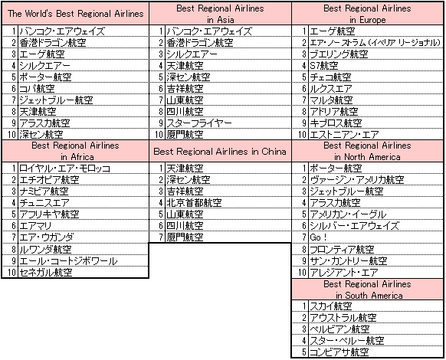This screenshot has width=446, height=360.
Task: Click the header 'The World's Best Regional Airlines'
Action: pyautogui.click(x=75, y=14)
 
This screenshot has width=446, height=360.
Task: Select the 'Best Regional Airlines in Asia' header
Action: pyautogui.click(x=220, y=14)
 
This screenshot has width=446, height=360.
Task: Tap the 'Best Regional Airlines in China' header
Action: pyautogui.click(x=220, y=152)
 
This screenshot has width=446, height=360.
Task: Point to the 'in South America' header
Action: pyautogui.click(x=369, y=296)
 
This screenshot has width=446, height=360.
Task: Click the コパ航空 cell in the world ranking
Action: pyautogui.click(x=37, y=89)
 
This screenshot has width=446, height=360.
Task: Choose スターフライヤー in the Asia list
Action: pyautogui.click(x=199, y=123)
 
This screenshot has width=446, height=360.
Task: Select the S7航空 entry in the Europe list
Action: pyautogui.click(x=324, y=66)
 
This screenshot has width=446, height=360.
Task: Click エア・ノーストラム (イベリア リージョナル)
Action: pyautogui.click(x=375, y=43)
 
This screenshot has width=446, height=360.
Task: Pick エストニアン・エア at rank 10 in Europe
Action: pyautogui.click(x=344, y=135)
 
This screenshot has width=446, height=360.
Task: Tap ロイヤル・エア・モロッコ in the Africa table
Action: pyautogui.click(x=64, y=169)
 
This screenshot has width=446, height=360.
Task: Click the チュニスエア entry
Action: pyautogui.click(x=44, y=203)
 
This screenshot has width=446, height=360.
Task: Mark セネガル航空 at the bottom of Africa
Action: pyautogui.click(x=45, y=273)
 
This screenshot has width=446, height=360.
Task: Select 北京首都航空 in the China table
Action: pyautogui.click(x=194, y=203)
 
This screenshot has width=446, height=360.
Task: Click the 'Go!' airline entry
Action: pyautogui.click(x=318, y=237)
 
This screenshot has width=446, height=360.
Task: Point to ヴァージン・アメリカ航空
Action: pyautogui.click(x=356, y=180)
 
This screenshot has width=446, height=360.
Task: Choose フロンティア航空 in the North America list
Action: pyautogui.click(x=342, y=250)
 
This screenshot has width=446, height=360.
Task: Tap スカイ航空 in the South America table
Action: pyautogui.click(x=331, y=306)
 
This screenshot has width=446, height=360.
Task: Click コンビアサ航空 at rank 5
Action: pyautogui.click(x=339, y=352)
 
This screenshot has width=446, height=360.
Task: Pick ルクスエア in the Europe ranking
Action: pyautogui.click(x=331, y=89)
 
